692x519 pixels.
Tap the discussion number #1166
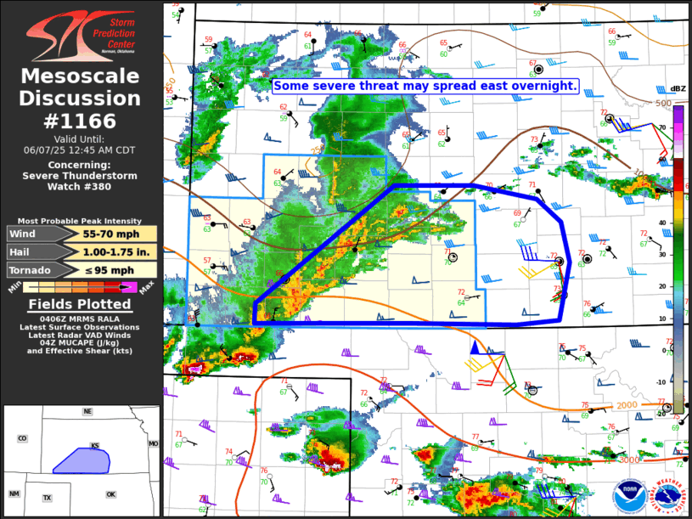[x=81, y=121]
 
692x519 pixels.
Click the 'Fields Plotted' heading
[x=80, y=304]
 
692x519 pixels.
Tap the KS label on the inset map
[x=96, y=446]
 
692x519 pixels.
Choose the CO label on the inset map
[x=22, y=438]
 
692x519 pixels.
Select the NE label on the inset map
[x=87, y=412]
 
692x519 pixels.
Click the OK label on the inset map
[x=110, y=494]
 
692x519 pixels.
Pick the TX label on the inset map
[x=48, y=497]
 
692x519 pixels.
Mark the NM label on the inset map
[x=14, y=494]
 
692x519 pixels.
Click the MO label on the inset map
[x=154, y=444]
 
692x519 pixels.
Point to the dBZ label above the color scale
[x=678, y=89]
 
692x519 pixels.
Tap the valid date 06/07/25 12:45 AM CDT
[x=80, y=149]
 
